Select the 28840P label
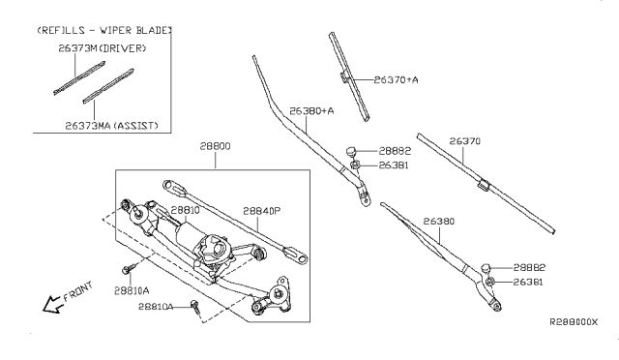261,210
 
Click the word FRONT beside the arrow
79,289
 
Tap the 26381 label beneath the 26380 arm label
529,282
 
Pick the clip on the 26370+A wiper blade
345,76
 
